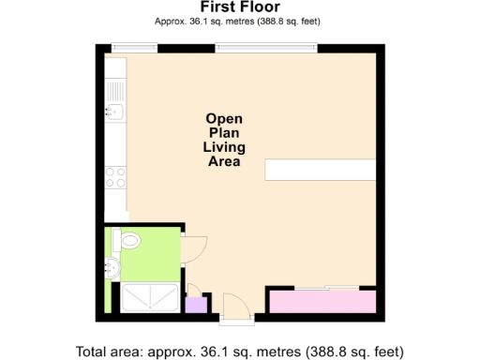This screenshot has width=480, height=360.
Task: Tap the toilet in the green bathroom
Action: click(x=128, y=241)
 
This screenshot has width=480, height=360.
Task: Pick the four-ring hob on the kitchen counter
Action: click(x=115, y=177)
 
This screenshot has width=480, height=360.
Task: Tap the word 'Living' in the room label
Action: click(x=224, y=147)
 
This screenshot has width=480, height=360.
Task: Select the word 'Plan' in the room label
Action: click(x=224, y=133)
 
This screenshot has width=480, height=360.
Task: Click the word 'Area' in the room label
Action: click(x=224, y=161)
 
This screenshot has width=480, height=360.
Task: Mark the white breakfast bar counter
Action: click(x=320, y=171)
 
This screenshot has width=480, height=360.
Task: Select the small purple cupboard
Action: click(x=196, y=304)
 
